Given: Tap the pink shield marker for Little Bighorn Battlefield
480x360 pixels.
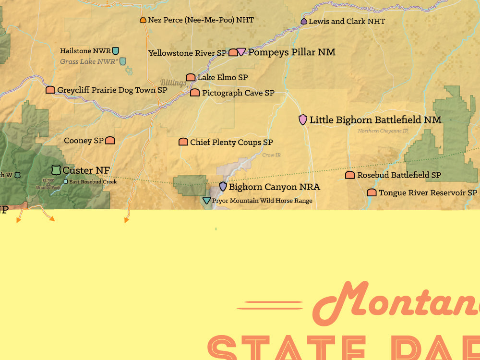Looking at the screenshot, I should [x=303, y=120].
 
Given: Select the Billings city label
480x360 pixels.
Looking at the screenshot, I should [x=173, y=83].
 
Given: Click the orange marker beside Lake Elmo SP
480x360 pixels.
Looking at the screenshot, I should [x=191, y=77].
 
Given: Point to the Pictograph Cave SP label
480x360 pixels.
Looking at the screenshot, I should [x=238, y=93].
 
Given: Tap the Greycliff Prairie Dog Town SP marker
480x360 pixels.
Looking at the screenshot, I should [x=50, y=90].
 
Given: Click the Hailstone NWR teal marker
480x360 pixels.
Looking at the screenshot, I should [x=116, y=50].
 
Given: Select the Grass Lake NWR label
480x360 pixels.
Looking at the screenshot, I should [x=89, y=61].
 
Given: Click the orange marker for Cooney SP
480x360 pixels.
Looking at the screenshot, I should [x=110, y=140].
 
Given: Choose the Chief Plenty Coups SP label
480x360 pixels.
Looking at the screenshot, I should [x=231, y=142].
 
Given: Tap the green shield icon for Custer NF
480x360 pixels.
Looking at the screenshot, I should [x=56, y=170].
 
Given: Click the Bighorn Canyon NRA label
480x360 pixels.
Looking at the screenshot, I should [x=274, y=187].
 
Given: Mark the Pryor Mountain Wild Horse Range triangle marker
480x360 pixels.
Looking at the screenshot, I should [x=206, y=201].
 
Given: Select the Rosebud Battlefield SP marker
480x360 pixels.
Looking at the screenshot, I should [x=350, y=175].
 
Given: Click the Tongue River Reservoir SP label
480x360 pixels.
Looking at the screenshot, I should [x=428, y=192].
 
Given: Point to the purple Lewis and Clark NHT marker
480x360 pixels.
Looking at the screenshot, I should [x=304, y=22].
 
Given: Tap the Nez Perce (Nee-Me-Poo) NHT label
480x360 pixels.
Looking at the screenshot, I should [x=201, y=20].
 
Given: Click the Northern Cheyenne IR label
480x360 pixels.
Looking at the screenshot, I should [x=383, y=131].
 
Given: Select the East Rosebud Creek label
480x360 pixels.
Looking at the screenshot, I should [x=93, y=182].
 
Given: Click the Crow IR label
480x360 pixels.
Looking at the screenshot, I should [x=271, y=155].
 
